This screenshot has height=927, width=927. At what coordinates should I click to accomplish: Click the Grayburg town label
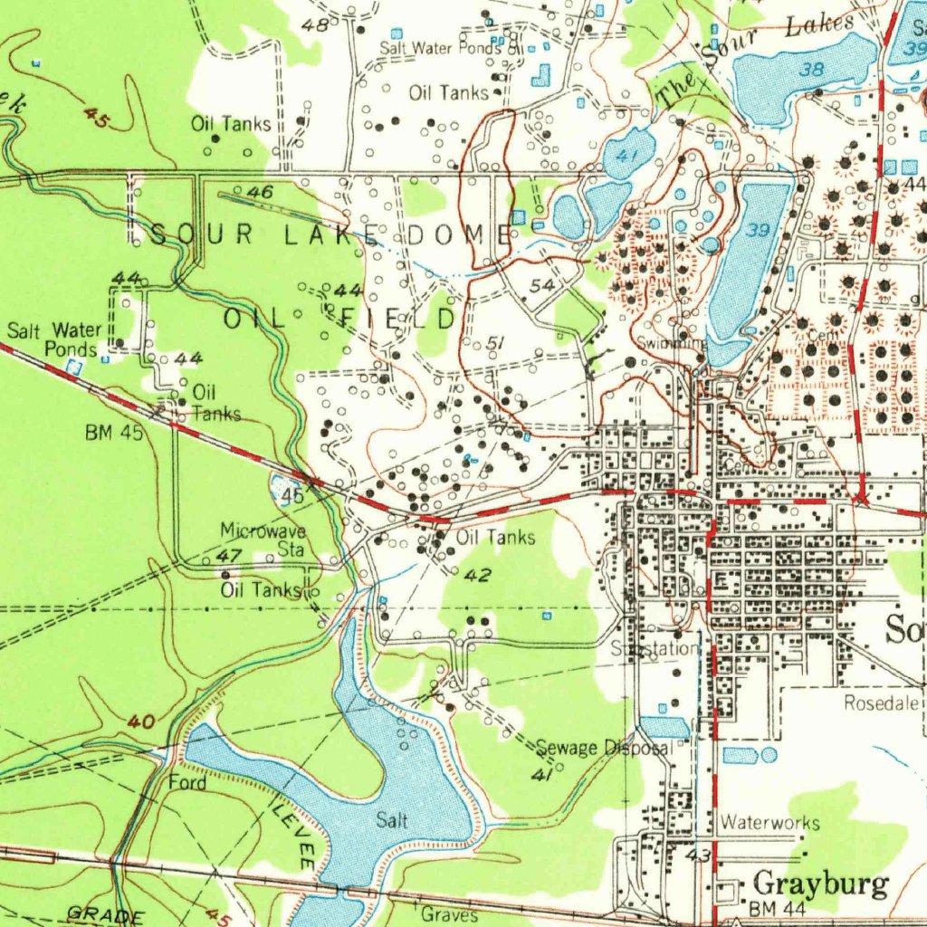(x=821, y=884)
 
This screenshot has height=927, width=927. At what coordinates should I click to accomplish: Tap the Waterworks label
(x=770, y=823)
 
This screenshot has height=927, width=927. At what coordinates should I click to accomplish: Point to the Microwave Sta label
(x=263, y=539)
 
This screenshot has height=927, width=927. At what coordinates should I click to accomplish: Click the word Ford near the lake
(x=187, y=781)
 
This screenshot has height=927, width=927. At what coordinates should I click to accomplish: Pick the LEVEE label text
(x=292, y=829)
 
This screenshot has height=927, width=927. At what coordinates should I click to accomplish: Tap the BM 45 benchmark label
(x=114, y=433)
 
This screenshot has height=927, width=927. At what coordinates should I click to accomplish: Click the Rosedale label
(x=883, y=702)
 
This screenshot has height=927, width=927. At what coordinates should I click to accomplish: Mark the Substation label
(x=655, y=648)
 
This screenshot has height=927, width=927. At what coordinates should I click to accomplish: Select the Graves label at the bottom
(x=449, y=914)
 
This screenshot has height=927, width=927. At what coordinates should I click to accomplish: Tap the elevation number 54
(x=542, y=286)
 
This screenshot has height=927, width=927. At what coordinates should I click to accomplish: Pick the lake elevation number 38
(x=813, y=69)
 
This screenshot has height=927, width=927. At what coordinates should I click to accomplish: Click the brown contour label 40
(x=140, y=722)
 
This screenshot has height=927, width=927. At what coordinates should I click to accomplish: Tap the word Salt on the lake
(x=392, y=820)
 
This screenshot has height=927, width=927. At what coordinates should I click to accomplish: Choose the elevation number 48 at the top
(x=315, y=25)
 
